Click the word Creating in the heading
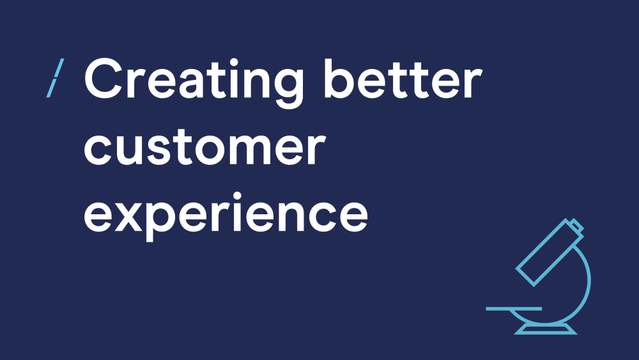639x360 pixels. (x=194, y=82)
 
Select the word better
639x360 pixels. (x=403, y=79)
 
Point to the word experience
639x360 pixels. (x=226, y=216)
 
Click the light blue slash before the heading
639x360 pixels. (x=55, y=78)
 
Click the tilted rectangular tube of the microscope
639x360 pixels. (x=547, y=253)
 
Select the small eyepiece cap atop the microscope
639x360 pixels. (x=576, y=225)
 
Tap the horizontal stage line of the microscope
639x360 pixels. (x=514, y=309)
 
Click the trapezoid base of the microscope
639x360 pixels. (x=545, y=329)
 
